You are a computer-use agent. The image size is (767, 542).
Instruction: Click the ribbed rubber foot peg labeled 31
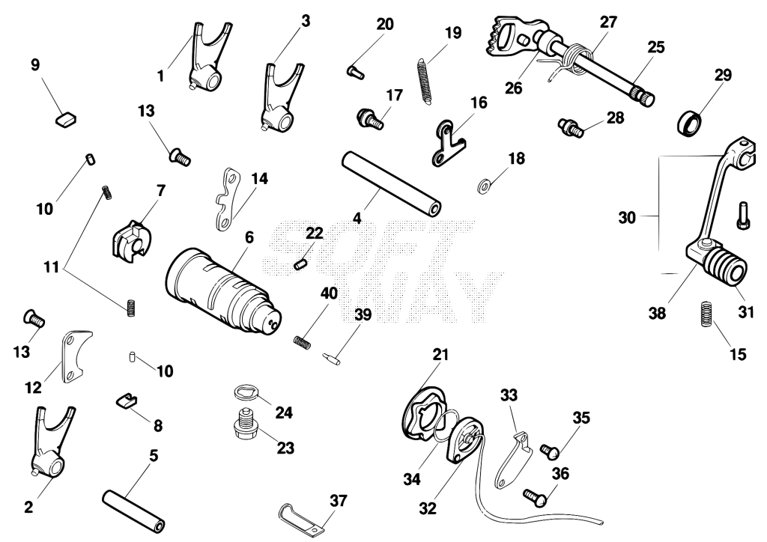click(727, 267)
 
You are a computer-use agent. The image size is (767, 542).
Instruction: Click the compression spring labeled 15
click(706, 314)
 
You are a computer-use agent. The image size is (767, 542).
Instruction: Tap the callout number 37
click(338, 501)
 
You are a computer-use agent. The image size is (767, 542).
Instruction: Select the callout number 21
click(440, 354)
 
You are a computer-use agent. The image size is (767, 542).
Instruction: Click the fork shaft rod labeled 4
click(391, 183)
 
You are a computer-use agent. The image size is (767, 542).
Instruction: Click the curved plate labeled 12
click(74, 356)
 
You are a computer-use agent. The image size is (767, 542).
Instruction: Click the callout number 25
click(656, 47)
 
